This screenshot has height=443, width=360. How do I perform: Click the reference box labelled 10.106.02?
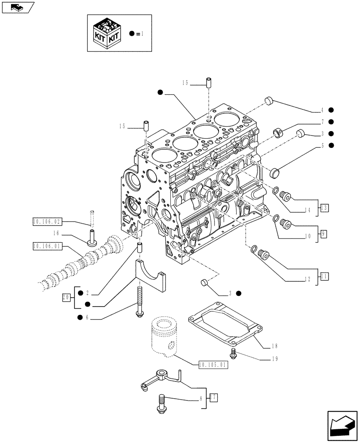(47, 220)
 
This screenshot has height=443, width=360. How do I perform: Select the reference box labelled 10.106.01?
(47, 245)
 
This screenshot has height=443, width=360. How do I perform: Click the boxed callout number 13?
(324, 207)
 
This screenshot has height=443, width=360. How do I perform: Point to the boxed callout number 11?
(324, 276)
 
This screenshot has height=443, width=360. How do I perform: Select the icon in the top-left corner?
(18, 8)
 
